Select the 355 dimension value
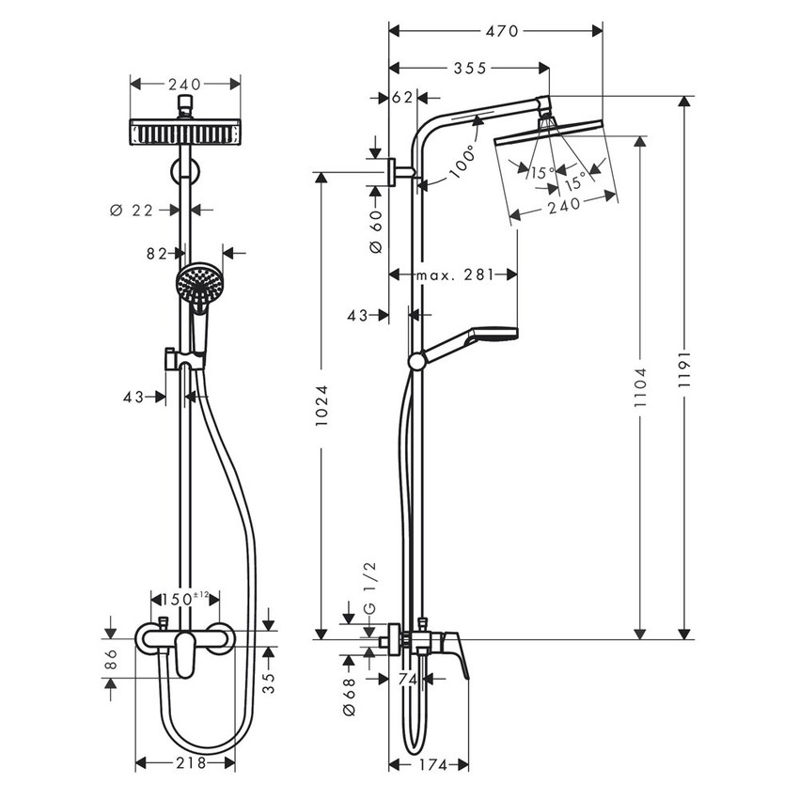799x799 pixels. tap(468, 68)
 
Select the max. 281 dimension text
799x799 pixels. tap(452, 274)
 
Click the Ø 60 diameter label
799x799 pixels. tap(375, 229)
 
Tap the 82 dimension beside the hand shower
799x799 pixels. tap(159, 252)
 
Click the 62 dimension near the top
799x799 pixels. tap(403, 96)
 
